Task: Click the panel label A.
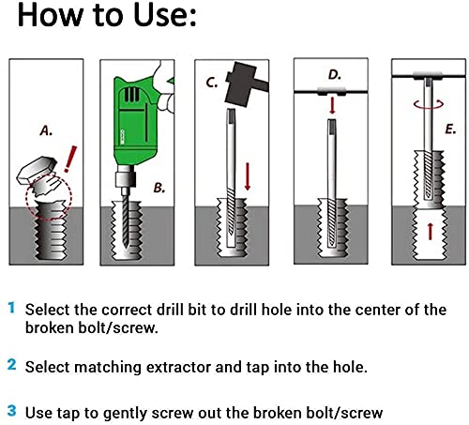tap(46, 130)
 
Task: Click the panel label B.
tap(159, 188)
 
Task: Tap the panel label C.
tap(212, 83)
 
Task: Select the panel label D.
tap(334, 75)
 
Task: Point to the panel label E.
tap(450, 129)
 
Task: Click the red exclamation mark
tap(70, 159)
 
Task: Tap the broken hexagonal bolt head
tap(37, 170)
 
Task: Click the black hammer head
tap(240, 84)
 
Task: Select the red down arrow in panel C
tap(248, 176)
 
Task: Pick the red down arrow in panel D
tap(332, 106)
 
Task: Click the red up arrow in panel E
tap(431, 231)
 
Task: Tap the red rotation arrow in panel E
tap(429, 104)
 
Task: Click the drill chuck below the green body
tap(126, 177)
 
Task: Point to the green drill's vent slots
tap(131, 94)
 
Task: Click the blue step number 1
tap(11, 308)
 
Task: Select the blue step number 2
tap(11, 365)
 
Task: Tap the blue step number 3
tap(11, 410)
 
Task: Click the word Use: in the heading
tap(165, 15)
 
